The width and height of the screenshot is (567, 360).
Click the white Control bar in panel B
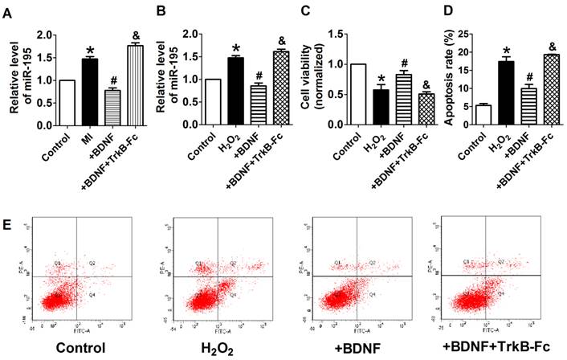tap(213, 96)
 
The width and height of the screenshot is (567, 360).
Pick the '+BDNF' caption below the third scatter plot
tap(352, 349)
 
